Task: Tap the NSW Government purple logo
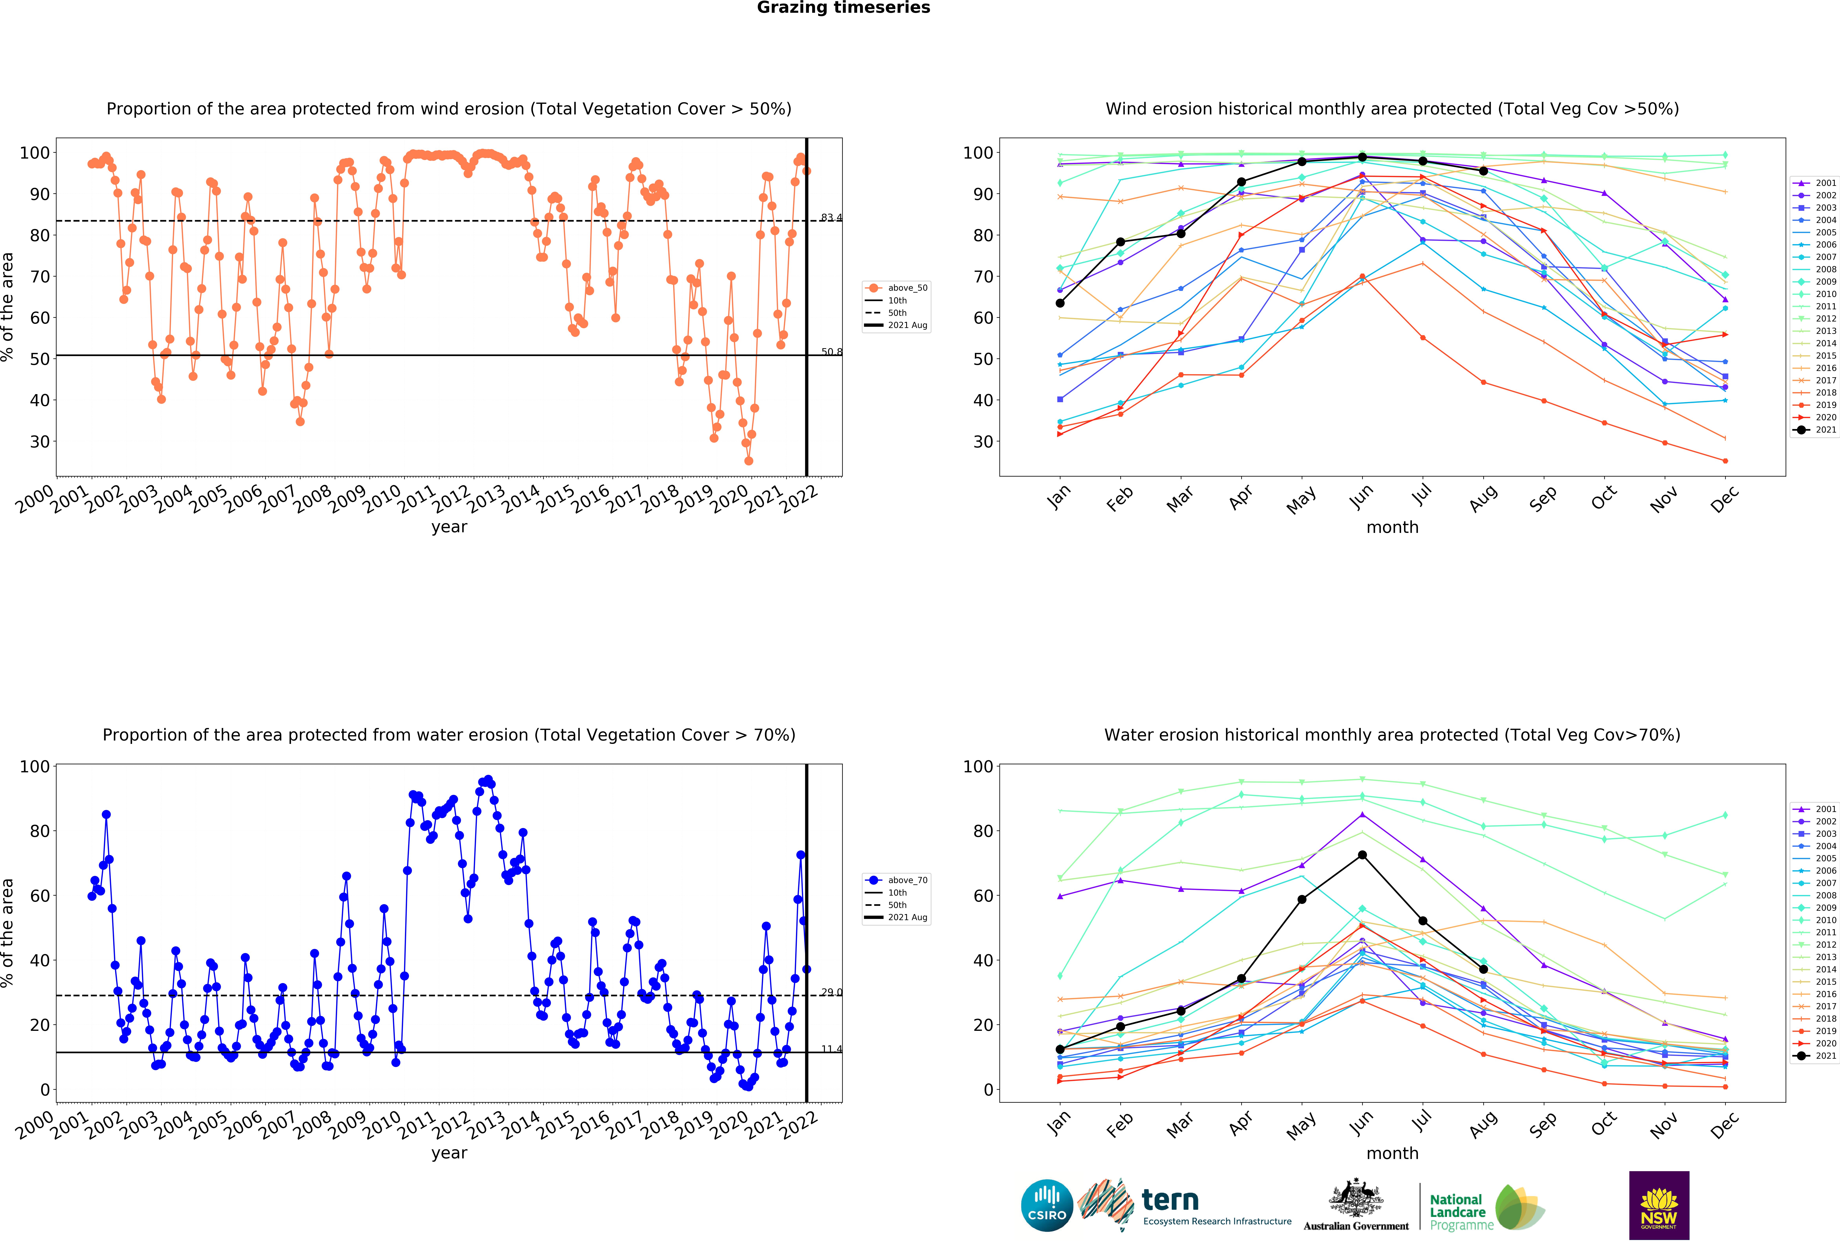point(1659,1205)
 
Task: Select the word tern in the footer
point(1170,1200)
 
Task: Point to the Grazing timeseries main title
point(843,8)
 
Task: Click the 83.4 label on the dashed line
point(831,218)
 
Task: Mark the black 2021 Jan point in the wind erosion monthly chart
point(1060,303)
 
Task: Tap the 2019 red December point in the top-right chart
point(1725,461)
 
